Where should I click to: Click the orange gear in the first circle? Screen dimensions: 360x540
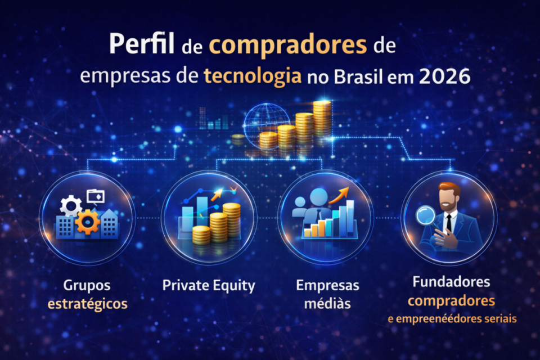coord(88,222)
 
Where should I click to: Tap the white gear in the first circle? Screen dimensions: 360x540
coord(70,206)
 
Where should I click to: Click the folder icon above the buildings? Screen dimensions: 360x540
coord(96,196)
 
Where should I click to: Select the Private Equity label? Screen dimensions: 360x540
coord(209,285)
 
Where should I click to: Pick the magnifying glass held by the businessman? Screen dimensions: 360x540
coord(426,216)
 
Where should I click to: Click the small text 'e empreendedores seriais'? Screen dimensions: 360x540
coord(452,319)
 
